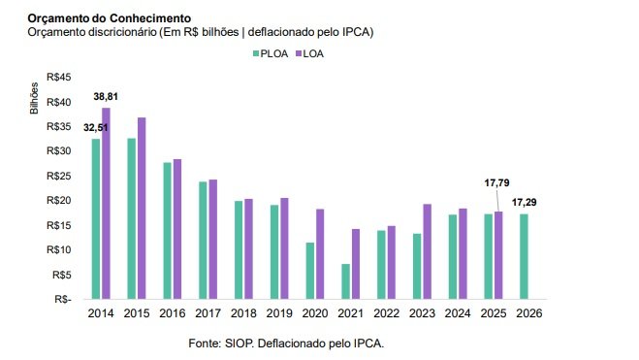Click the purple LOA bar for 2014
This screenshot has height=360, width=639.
point(106,204)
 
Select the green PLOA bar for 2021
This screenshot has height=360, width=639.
point(345,281)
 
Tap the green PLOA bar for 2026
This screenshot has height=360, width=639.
point(524,257)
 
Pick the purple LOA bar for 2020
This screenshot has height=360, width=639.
point(320,254)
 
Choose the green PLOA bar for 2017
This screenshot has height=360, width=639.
point(203,241)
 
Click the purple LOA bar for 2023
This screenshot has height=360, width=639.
point(427,252)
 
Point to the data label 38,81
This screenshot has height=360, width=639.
point(106,97)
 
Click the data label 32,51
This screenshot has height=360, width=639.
point(96,128)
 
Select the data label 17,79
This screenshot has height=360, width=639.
point(496,183)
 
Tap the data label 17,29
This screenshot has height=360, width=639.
point(524,202)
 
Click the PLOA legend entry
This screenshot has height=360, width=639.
point(271,53)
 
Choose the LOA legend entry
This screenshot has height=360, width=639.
point(309,53)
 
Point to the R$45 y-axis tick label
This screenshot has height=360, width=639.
point(59,77)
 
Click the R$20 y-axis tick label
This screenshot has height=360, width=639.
point(59,201)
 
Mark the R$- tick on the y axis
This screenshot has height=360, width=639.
point(63,299)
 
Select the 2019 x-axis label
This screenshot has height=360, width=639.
point(279,313)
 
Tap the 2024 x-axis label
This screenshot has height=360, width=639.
point(458,313)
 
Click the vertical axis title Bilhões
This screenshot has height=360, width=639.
point(34,98)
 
